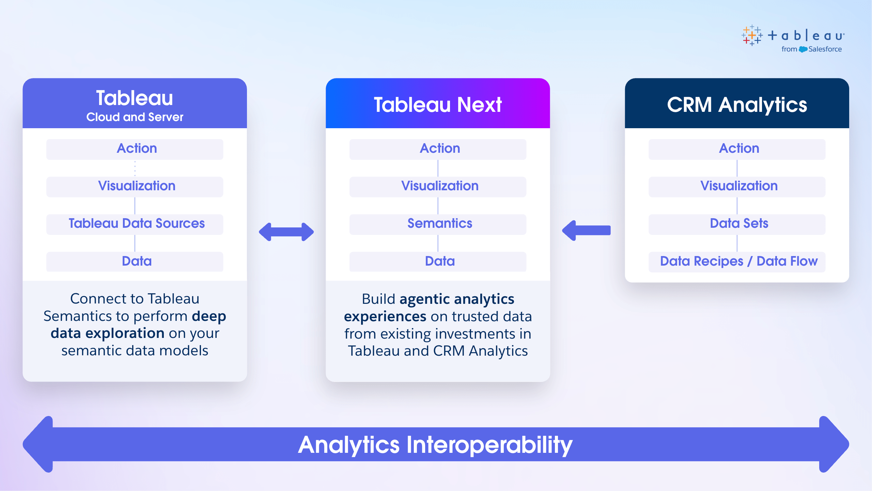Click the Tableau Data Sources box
point(135,224)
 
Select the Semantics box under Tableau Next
point(438,224)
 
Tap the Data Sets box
point(737,224)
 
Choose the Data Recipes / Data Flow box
point(737,262)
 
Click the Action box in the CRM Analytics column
point(737,149)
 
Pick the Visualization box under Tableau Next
point(438,187)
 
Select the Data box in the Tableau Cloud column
point(135,262)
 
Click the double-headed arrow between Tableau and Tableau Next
point(286,232)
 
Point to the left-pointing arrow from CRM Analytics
point(586,230)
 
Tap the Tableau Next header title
point(438,104)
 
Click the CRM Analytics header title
point(737,105)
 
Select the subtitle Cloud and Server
point(135,117)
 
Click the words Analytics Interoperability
point(435,445)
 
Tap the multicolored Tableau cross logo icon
point(752,35)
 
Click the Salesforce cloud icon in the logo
point(803,49)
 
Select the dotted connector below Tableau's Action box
point(135,168)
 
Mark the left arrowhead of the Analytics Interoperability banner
point(38,444)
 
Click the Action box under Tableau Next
point(438,149)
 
